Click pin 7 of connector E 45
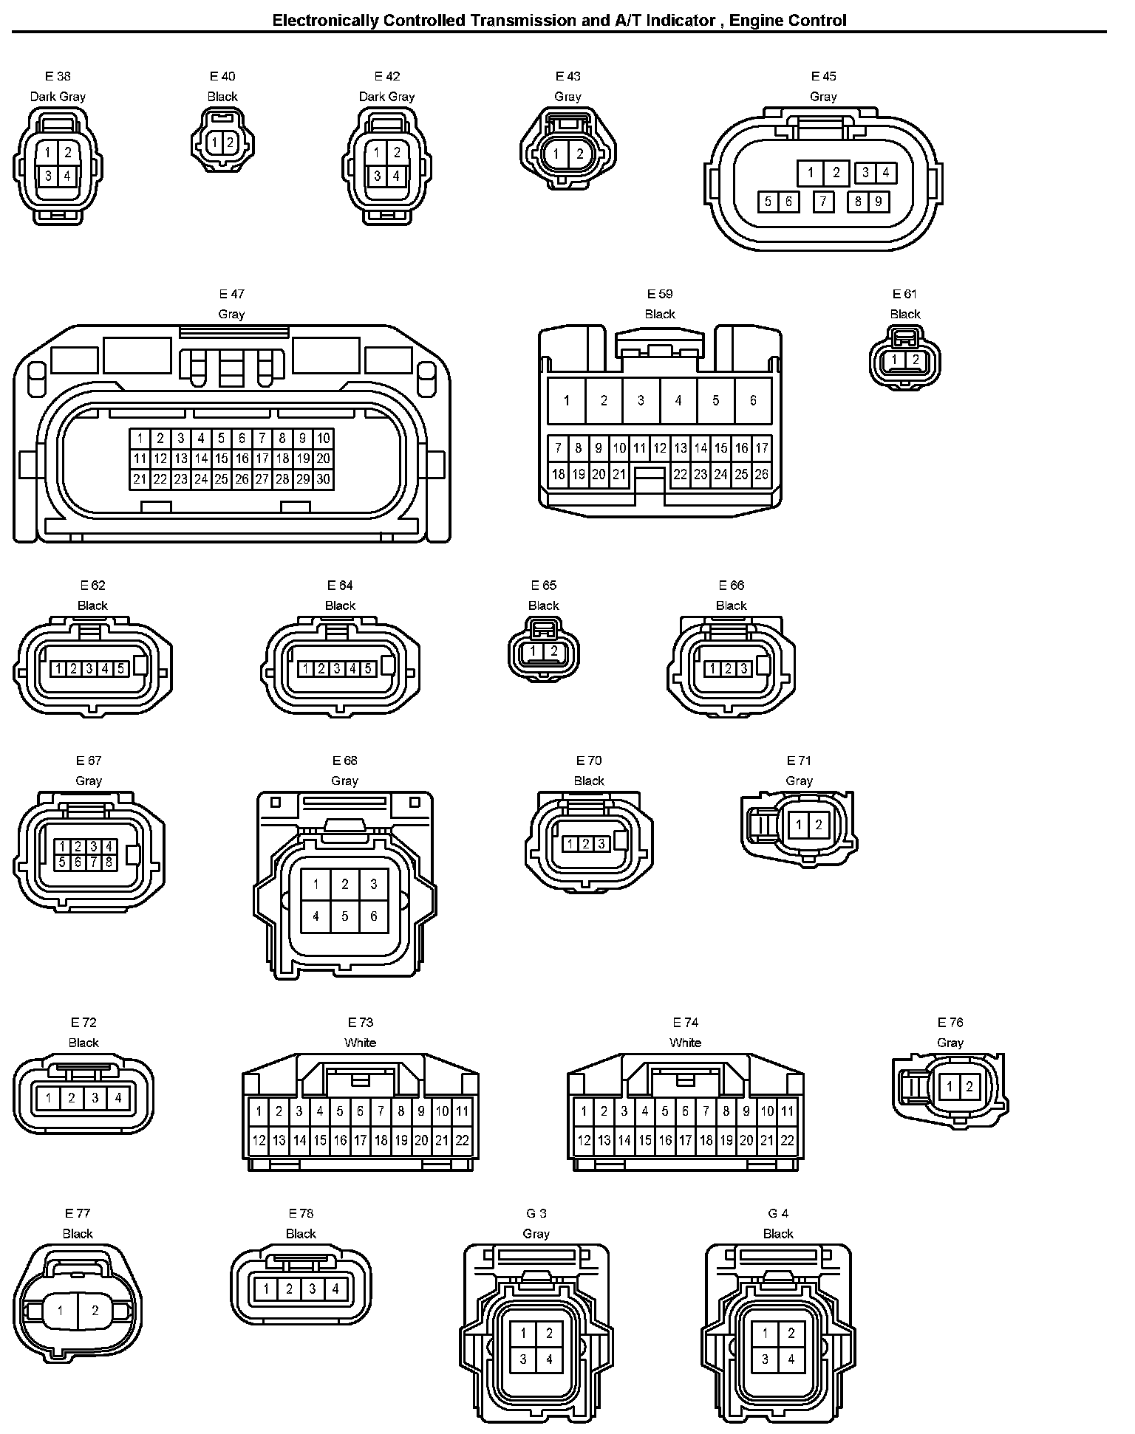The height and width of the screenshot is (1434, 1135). tap(823, 202)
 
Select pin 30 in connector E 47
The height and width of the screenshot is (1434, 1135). tap(323, 479)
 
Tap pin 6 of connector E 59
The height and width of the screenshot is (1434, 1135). tap(753, 400)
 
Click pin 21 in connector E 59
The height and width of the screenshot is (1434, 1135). tap(619, 475)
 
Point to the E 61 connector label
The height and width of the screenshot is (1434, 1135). tap(905, 294)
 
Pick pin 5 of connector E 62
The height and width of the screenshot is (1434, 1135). tap(121, 669)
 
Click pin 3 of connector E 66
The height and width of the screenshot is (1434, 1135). tap(743, 669)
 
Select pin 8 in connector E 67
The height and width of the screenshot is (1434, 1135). tap(109, 862)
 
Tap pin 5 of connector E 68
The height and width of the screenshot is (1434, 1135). tap(345, 916)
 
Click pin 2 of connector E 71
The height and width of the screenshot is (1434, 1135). tap(818, 826)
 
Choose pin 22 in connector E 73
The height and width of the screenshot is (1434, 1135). tap(462, 1140)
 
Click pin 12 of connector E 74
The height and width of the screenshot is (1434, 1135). tap(584, 1140)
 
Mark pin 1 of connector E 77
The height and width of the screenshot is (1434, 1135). tap(61, 1311)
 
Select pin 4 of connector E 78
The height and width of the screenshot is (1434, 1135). tap(335, 1289)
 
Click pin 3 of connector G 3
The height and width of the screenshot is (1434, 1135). tap(523, 1359)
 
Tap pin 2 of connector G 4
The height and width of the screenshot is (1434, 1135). tap(791, 1333)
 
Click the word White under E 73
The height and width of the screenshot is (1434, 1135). tap(361, 1043)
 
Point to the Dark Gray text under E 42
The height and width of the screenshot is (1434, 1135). tap(386, 97)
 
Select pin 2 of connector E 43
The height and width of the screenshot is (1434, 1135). tap(580, 154)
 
